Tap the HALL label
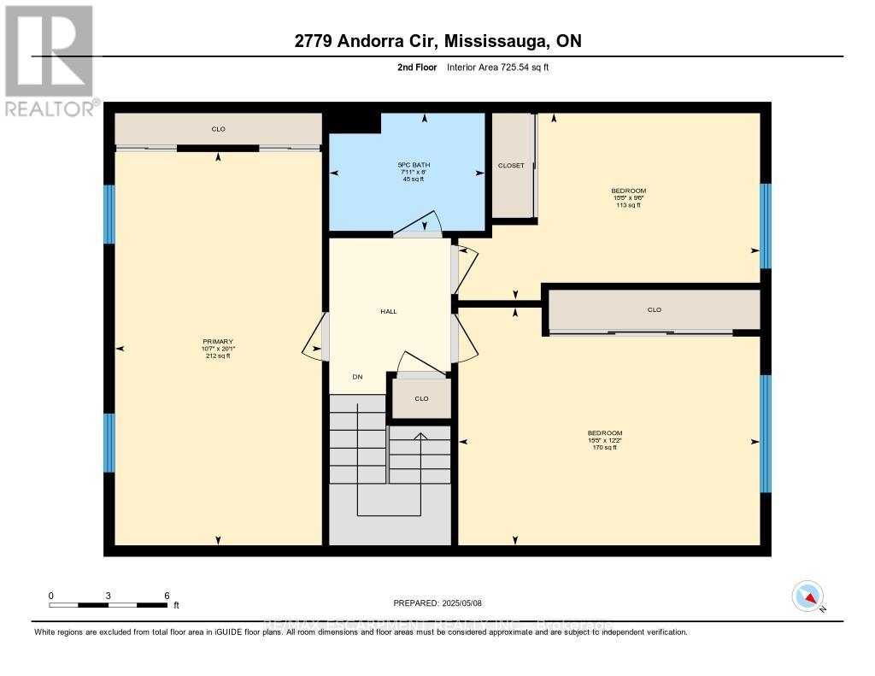click(389, 311)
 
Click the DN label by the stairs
click(357, 376)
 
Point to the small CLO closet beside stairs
click(421, 398)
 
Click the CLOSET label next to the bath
click(511, 166)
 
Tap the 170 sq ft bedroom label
click(604, 439)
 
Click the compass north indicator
click(807, 596)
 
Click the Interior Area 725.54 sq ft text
click(497, 67)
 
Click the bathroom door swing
click(419, 224)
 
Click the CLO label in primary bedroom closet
click(218, 129)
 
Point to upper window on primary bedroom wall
click(109, 214)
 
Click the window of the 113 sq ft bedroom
click(766, 226)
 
